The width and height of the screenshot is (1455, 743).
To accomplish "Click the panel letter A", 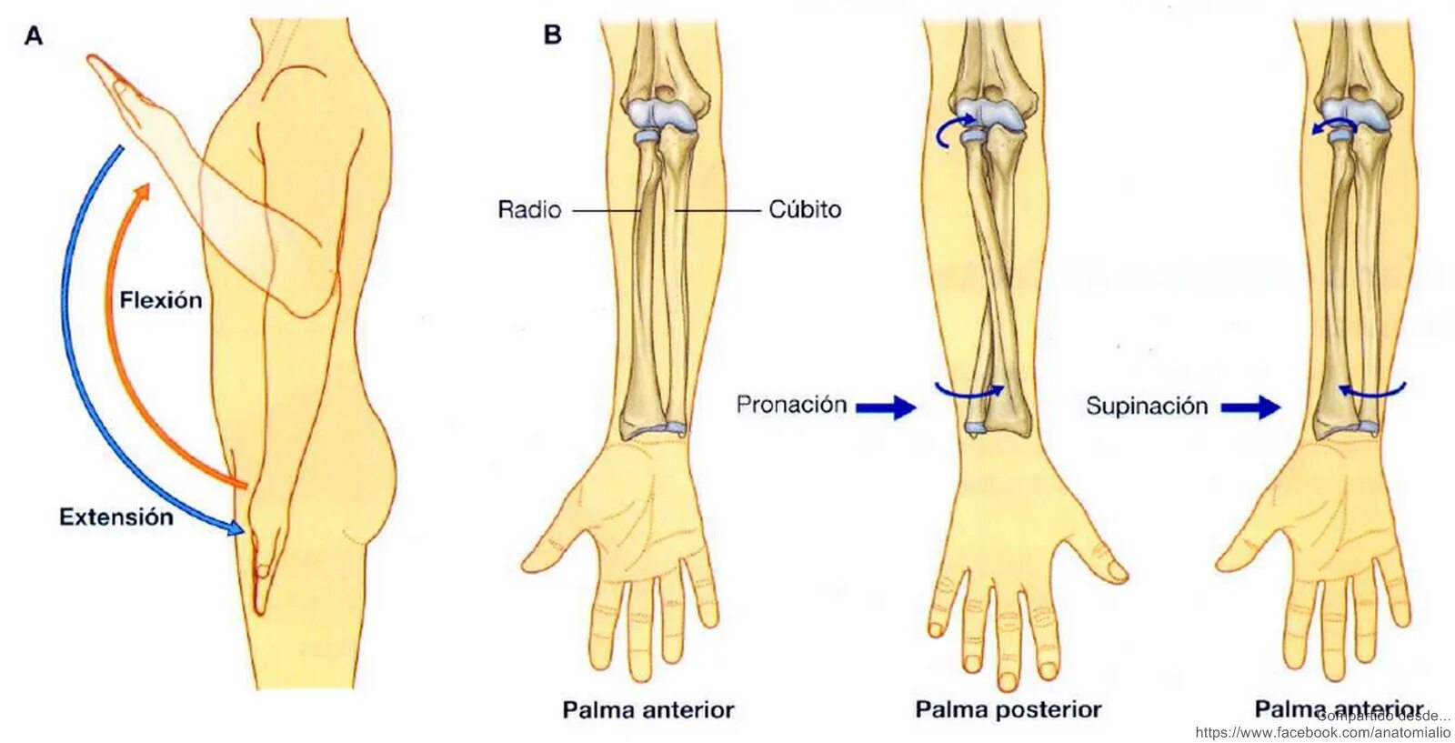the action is tap(34, 36).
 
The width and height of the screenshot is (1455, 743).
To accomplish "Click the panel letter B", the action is tap(552, 35).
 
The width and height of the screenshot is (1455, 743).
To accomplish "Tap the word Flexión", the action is tap(161, 300).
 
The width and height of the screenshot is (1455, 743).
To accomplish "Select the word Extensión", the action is tap(115, 517).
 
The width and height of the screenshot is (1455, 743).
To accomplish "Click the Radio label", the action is tap(529, 210).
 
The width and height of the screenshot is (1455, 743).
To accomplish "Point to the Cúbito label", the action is tap(805, 210).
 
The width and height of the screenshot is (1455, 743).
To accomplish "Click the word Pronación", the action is tap(791, 405).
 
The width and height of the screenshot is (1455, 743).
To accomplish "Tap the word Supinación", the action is tap(1147, 406).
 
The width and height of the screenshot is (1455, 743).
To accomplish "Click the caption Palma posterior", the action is tap(1008, 709).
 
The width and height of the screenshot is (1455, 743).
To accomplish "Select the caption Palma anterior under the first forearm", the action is tap(647, 709).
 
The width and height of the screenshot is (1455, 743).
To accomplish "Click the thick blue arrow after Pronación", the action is tap(886, 407).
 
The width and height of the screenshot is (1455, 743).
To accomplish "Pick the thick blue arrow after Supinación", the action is tap(1250, 407).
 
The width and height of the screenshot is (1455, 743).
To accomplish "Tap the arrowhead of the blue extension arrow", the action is tap(236, 527).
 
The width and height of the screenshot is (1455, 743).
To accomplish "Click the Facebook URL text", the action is tap(1322, 732).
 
